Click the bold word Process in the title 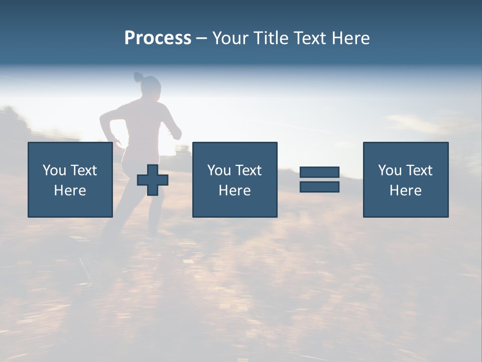158,38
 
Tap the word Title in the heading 272,38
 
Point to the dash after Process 202,39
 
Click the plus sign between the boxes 153,180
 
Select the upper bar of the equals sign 319,172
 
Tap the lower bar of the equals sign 319,187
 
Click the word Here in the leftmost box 70,191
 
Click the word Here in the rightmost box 405,191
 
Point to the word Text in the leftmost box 83,170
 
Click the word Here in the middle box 234,191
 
